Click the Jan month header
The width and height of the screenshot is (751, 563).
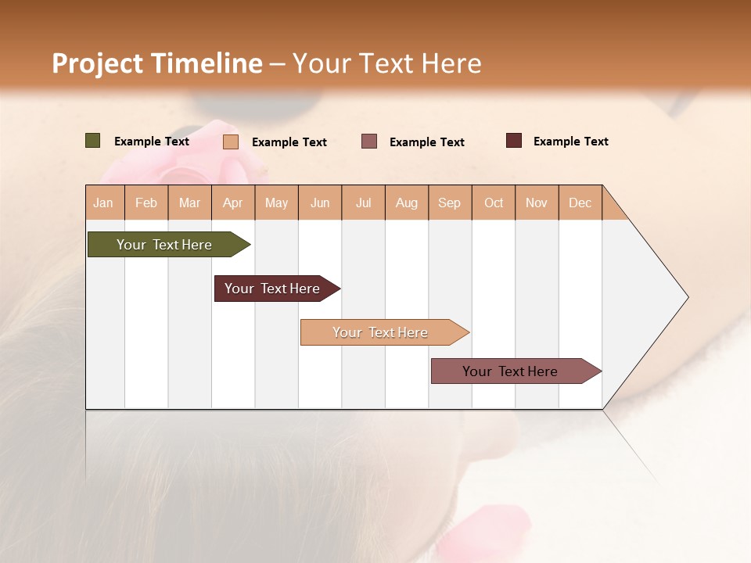[x=103, y=203]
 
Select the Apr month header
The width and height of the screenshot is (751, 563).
[x=232, y=203]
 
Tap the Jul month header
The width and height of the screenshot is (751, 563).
[x=363, y=203]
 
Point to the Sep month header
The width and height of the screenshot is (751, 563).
[x=449, y=203]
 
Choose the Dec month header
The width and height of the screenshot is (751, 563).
[x=580, y=203]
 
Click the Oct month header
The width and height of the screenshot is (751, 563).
[x=494, y=203]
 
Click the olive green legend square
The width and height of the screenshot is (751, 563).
[x=92, y=141]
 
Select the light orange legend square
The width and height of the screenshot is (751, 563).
[x=231, y=142]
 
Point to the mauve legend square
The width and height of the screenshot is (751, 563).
[x=369, y=141]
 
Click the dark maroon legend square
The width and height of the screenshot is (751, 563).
[x=514, y=141]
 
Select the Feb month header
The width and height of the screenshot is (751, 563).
[x=146, y=203]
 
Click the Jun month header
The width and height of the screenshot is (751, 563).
[x=320, y=203]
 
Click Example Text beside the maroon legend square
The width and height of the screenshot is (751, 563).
[x=570, y=142]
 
